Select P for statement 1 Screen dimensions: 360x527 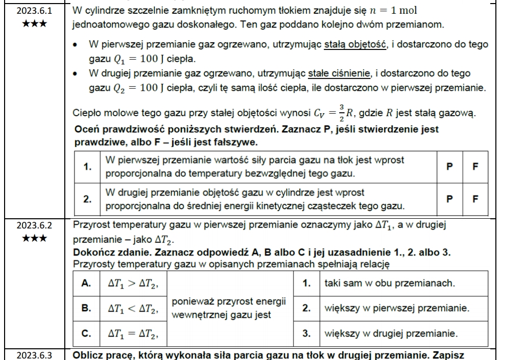point(449,166)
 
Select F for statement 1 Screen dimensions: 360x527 point(475,166)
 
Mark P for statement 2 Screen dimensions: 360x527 point(449,199)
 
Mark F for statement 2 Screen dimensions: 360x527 point(475,199)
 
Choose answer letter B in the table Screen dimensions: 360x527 point(86,308)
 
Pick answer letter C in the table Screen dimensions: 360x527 point(86,334)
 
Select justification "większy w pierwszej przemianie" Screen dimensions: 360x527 point(396,308)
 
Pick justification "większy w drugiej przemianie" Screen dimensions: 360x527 point(391,334)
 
